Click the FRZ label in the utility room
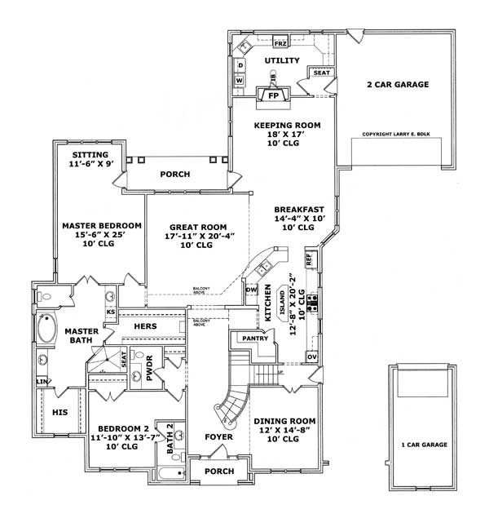280,42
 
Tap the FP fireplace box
273,95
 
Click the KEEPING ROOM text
287,125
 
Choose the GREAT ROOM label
196,228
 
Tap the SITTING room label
90,153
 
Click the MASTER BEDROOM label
102,225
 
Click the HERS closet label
145,325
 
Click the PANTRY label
255,338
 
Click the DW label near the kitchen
251,289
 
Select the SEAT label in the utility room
319,73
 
